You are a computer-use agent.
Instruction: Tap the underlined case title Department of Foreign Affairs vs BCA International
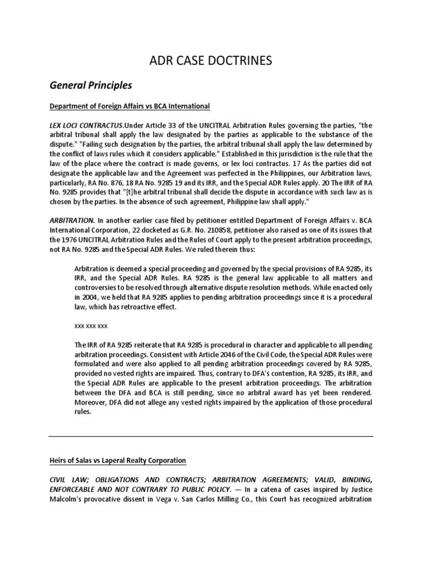(x=130, y=106)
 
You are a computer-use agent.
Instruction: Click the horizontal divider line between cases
(x=211, y=437)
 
